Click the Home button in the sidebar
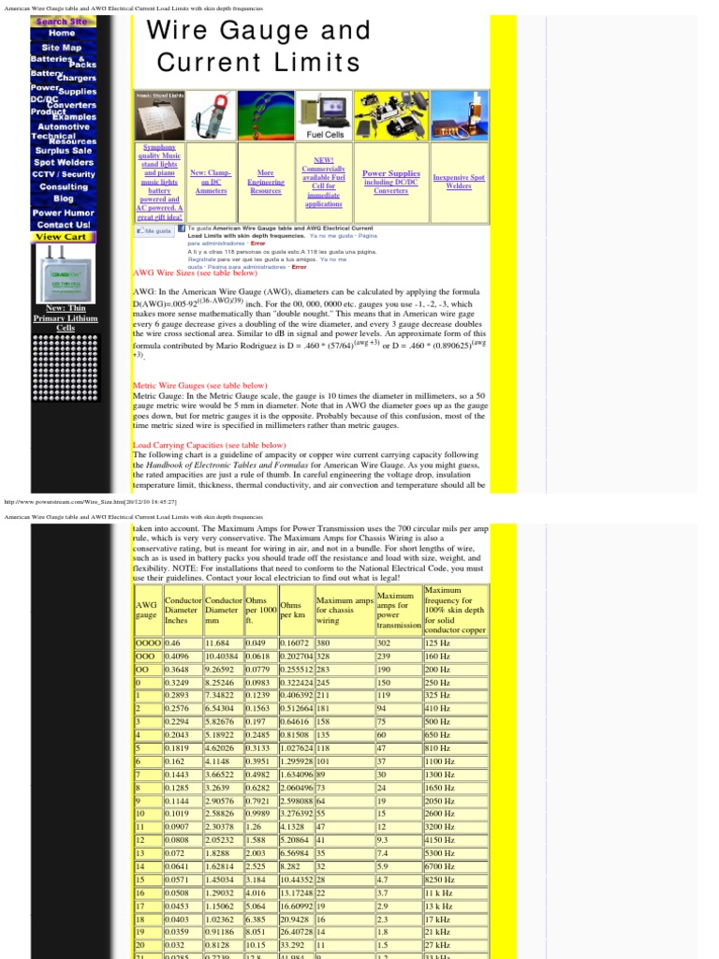click(63, 33)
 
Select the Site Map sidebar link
click(63, 47)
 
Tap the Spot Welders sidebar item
click(63, 162)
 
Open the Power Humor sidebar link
click(63, 213)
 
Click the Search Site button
click(62, 21)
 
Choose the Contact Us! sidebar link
click(63, 225)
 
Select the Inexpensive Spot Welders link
click(459, 181)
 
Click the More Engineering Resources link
click(266, 182)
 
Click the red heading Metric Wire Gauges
click(199, 385)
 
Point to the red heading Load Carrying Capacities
click(209, 445)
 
